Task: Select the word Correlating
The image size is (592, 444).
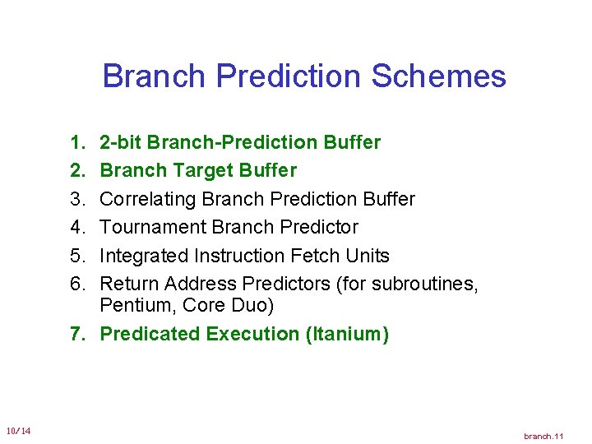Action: click(147, 199)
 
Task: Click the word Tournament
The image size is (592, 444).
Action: click(153, 227)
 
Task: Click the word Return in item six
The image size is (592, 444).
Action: click(129, 284)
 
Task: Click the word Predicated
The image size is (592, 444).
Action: click(150, 334)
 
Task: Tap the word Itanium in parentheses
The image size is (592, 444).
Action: click(345, 334)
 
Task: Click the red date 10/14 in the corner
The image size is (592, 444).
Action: click(18, 431)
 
